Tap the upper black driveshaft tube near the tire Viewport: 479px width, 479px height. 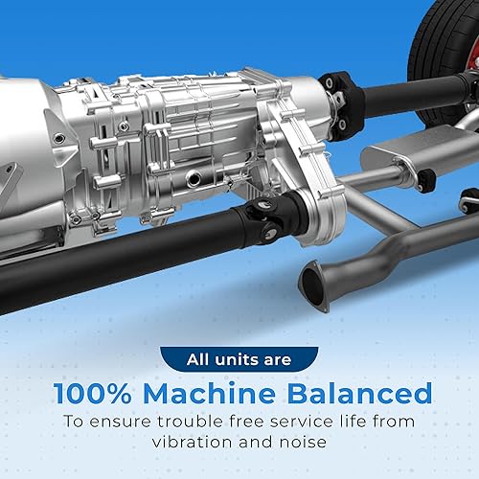[x=412, y=95]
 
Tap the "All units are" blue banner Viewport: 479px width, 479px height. [x=239, y=361]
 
